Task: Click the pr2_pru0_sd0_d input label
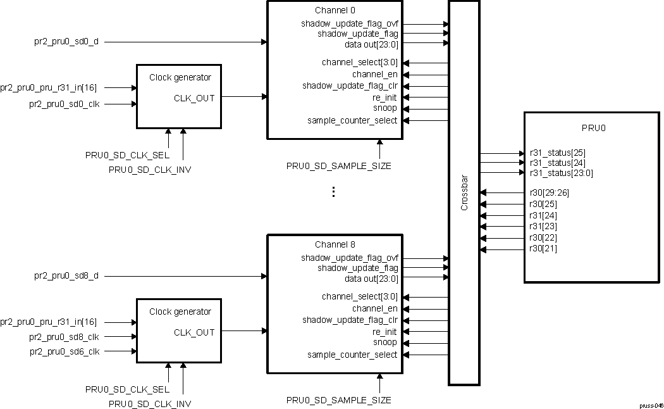click(66, 42)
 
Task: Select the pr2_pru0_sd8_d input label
click(66, 276)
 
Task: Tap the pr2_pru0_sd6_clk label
click(64, 351)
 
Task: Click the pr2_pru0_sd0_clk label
click(64, 104)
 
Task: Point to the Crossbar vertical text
click(464, 193)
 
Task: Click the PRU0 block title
click(593, 128)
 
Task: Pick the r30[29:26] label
click(548, 192)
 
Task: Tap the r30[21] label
click(543, 249)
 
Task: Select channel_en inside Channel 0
click(375, 74)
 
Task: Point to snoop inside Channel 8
click(384, 343)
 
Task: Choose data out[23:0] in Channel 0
click(371, 44)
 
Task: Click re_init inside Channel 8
click(384, 332)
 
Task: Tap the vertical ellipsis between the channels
click(334, 192)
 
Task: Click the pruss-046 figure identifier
click(650, 405)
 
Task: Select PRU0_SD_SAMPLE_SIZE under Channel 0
click(338, 166)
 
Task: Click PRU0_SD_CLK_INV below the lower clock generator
click(150, 404)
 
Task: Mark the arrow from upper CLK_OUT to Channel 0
click(244, 97)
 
